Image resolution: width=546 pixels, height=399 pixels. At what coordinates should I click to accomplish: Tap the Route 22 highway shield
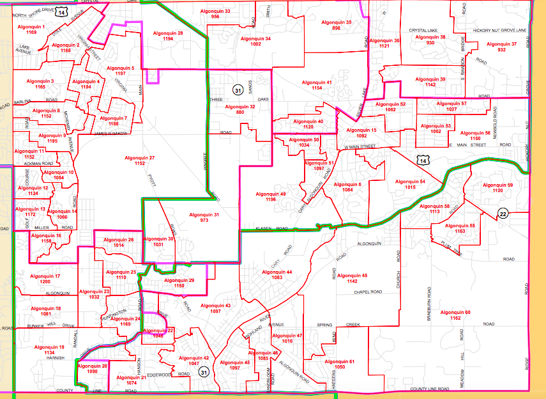pyautogui.click(x=504, y=214)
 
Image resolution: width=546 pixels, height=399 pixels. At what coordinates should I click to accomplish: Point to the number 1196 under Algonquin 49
pyautogui.click(x=270, y=199)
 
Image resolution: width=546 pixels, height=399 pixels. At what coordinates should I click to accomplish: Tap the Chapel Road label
pyautogui.click(x=368, y=292)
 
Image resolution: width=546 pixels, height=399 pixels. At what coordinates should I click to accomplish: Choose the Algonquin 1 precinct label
pyautogui.click(x=31, y=27)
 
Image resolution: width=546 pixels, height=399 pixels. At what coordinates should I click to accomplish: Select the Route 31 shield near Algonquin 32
pyautogui.click(x=238, y=89)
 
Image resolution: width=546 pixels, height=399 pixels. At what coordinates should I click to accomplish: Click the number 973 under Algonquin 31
pyautogui.click(x=204, y=220)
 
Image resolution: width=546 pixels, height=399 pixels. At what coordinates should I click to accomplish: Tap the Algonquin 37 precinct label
pyautogui.click(x=501, y=43)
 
